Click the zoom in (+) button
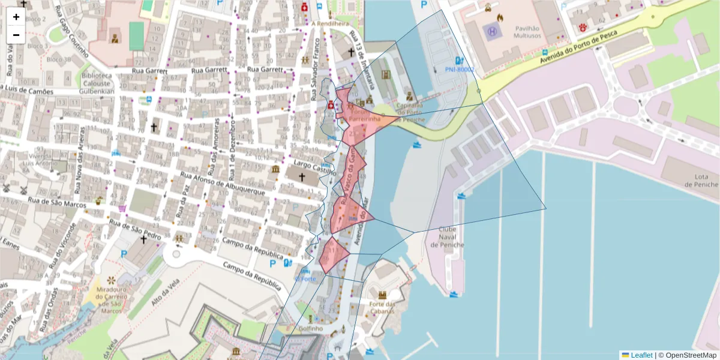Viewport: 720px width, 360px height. pos(16,17)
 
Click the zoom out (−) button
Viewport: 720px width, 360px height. pos(16,35)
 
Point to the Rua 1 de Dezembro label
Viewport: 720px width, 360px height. pos(231,143)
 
